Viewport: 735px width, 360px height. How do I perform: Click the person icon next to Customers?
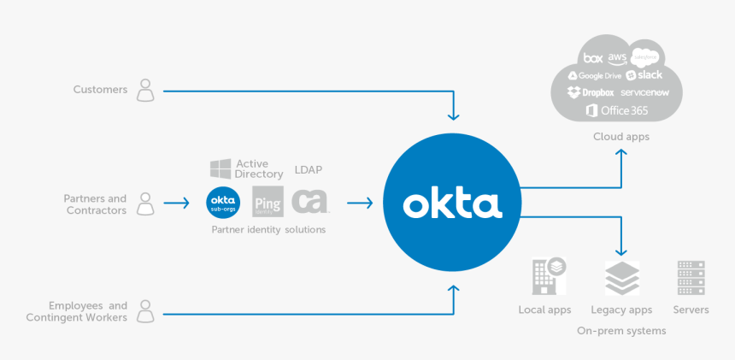click(146, 90)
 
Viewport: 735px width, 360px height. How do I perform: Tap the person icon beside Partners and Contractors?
click(146, 204)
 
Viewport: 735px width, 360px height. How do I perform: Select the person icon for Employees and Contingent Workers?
click(146, 310)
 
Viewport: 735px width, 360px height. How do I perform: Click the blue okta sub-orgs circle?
click(224, 203)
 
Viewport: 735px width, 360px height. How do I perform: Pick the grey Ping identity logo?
click(268, 203)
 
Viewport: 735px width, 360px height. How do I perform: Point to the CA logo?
click(309, 202)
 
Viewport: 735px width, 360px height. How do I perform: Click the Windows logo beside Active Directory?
click(220, 168)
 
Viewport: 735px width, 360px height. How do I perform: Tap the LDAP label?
click(308, 169)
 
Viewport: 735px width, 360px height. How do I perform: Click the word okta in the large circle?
click(451, 204)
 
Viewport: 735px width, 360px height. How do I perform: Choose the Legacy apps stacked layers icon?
click(621, 279)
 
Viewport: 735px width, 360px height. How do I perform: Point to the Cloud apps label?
click(621, 137)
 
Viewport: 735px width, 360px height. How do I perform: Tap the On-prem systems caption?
click(621, 330)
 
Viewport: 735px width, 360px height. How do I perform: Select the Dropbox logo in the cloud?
click(591, 92)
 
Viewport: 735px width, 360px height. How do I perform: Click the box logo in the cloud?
click(592, 58)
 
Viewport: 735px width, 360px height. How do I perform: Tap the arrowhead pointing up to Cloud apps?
click(621, 153)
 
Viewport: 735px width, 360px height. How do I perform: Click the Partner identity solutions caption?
click(268, 230)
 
